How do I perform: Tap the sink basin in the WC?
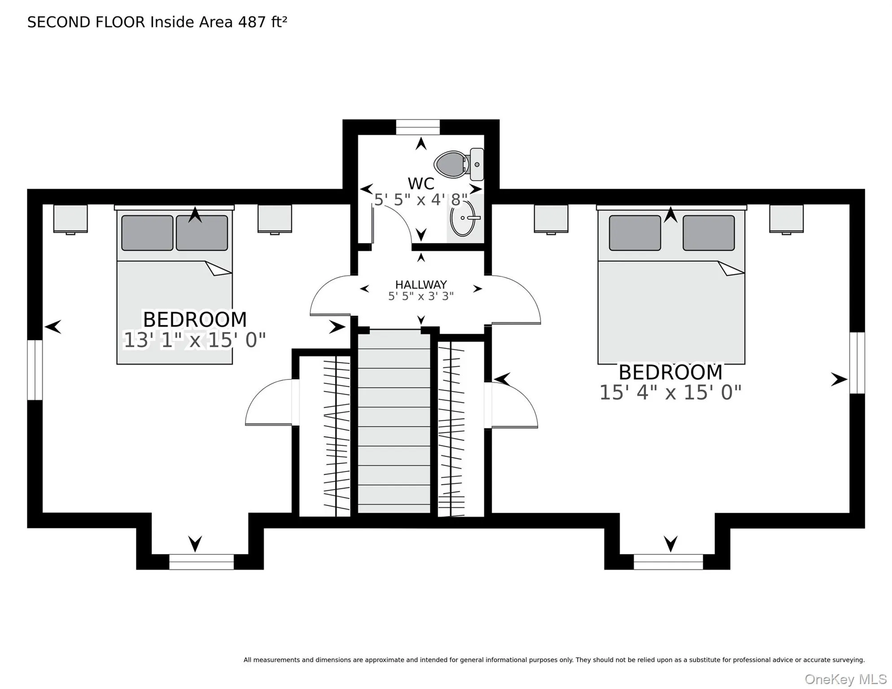(463, 218)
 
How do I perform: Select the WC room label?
(421, 183)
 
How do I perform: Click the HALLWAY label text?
(421, 284)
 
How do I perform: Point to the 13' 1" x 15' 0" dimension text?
(195, 340)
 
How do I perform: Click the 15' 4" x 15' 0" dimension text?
(670, 392)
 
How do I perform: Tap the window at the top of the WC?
(418, 127)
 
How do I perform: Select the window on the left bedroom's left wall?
(35, 370)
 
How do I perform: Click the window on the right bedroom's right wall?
(857, 363)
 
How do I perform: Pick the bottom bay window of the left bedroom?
(201, 562)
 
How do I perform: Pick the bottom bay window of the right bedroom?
(668, 562)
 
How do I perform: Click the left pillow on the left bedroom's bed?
(147, 233)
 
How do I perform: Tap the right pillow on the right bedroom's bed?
(708, 233)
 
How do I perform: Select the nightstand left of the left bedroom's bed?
(70, 219)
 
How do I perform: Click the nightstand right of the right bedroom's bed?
(786, 219)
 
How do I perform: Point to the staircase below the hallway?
(394, 421)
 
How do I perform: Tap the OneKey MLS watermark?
(845, 679)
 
